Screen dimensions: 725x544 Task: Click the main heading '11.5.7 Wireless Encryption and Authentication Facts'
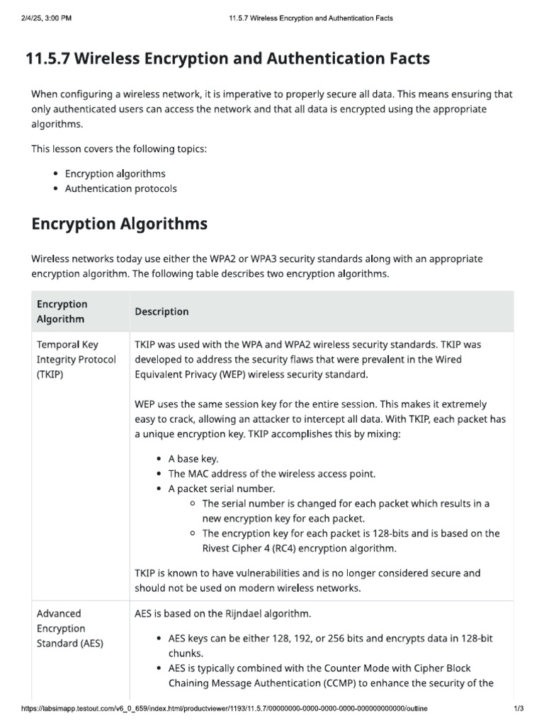tap(227, 59)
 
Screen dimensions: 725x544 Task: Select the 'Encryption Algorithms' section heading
tap(120, 224)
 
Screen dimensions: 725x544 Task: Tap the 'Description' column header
tap(161, 312)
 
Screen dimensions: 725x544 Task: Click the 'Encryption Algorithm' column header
tap(62, 312)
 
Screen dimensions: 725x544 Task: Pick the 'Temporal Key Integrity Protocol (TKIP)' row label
tap(76, 359)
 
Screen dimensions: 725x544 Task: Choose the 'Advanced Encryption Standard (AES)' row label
tap(69, 628)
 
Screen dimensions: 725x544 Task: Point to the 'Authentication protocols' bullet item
tap(121, 188)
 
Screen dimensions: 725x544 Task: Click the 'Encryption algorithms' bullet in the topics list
tap(115, 173)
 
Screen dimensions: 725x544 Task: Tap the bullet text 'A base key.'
tap(193, 459)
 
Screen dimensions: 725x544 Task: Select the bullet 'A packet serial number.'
tap(222, 489)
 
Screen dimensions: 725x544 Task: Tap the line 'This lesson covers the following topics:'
tap(119, 149)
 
